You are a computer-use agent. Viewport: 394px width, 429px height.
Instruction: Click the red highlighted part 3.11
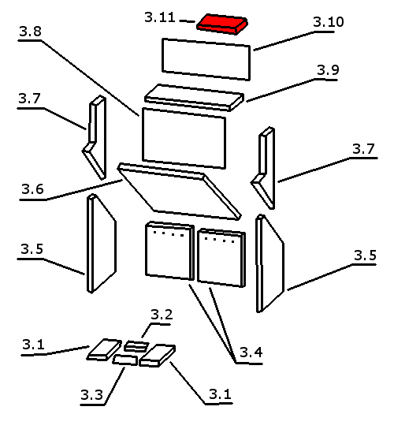[x=222, y=24]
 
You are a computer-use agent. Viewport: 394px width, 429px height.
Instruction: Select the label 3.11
[x=160, y=17]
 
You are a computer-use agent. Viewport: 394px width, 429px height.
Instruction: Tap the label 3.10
[x=328, y=22]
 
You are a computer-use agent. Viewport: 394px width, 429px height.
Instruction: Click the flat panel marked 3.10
[x=206, y=59]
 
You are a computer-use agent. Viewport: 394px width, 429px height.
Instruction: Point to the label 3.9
[x=328, y=70]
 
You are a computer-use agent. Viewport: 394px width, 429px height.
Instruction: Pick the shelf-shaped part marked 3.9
[x=194, y=98]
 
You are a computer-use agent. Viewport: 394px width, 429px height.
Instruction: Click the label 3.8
[x=31, y=32]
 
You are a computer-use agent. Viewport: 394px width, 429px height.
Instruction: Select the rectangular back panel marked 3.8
[x=184, y=138]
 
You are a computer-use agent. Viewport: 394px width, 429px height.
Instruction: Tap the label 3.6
[x=32, y=189]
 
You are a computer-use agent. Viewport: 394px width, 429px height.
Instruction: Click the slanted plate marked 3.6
[x=179, y=192]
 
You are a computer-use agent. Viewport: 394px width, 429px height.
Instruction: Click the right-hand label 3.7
[x=363, y=149]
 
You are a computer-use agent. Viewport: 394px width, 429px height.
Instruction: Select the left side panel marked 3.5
[x=102, y=244]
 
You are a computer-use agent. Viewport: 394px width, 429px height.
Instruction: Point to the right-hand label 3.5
[x=365, y=256]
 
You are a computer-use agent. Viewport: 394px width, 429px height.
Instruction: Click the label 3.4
[x=251, y=353]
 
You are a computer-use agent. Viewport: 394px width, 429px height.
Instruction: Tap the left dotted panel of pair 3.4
[x=169, y=251]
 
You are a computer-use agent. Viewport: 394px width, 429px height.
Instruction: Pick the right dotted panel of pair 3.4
[x=221, y=258]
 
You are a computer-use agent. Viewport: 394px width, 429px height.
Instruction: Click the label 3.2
[x=162, y=315]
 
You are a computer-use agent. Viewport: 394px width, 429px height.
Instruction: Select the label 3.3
[x=91, y=395]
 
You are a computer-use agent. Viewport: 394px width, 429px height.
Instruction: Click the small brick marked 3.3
[x=125, y=360]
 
